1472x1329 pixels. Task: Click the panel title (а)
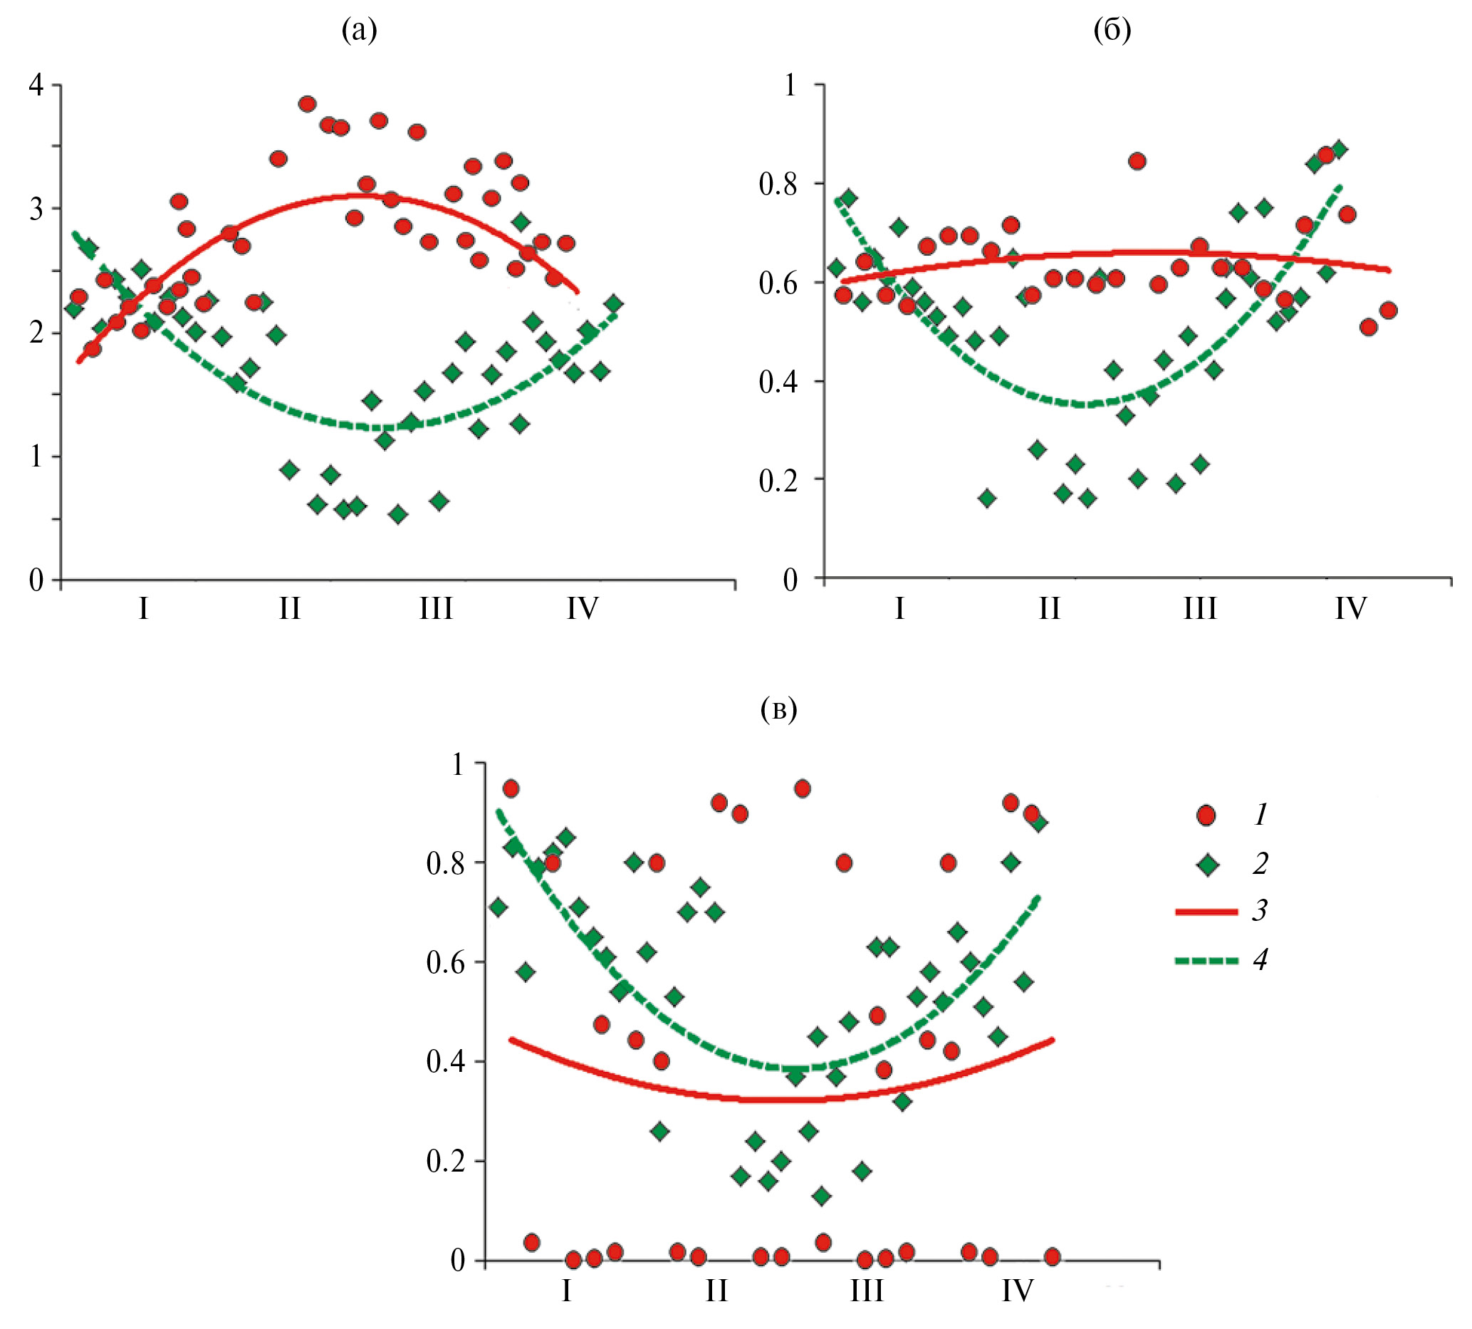[x=359, y=31]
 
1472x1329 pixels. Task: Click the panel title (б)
[x=1112, y=31]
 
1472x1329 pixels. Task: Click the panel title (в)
[x=778, y=709]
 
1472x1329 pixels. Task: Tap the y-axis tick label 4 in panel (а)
[x=36, y=86]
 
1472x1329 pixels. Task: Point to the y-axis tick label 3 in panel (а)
[x=36, y=209]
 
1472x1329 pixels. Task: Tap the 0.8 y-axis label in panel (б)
[x=778, y=184]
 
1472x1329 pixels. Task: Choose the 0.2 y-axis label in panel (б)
[x=778, y=481]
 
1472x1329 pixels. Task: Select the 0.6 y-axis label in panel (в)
[x=444, y=962]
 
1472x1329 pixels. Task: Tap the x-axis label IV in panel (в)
[x=1017, y=1291]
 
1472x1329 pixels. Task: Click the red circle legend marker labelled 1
[x=1206, y=815]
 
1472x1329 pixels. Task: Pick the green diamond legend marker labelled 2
[x=1206, y=865]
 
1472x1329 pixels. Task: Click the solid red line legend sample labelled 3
[x=1206, y=912]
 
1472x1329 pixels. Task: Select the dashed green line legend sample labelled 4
[x=1206, y=960]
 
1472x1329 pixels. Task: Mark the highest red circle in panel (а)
[x=308, y=104]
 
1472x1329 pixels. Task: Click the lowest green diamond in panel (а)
[x=398, y=515]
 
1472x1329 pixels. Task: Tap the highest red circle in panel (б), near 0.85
[x=1137, y=162]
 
